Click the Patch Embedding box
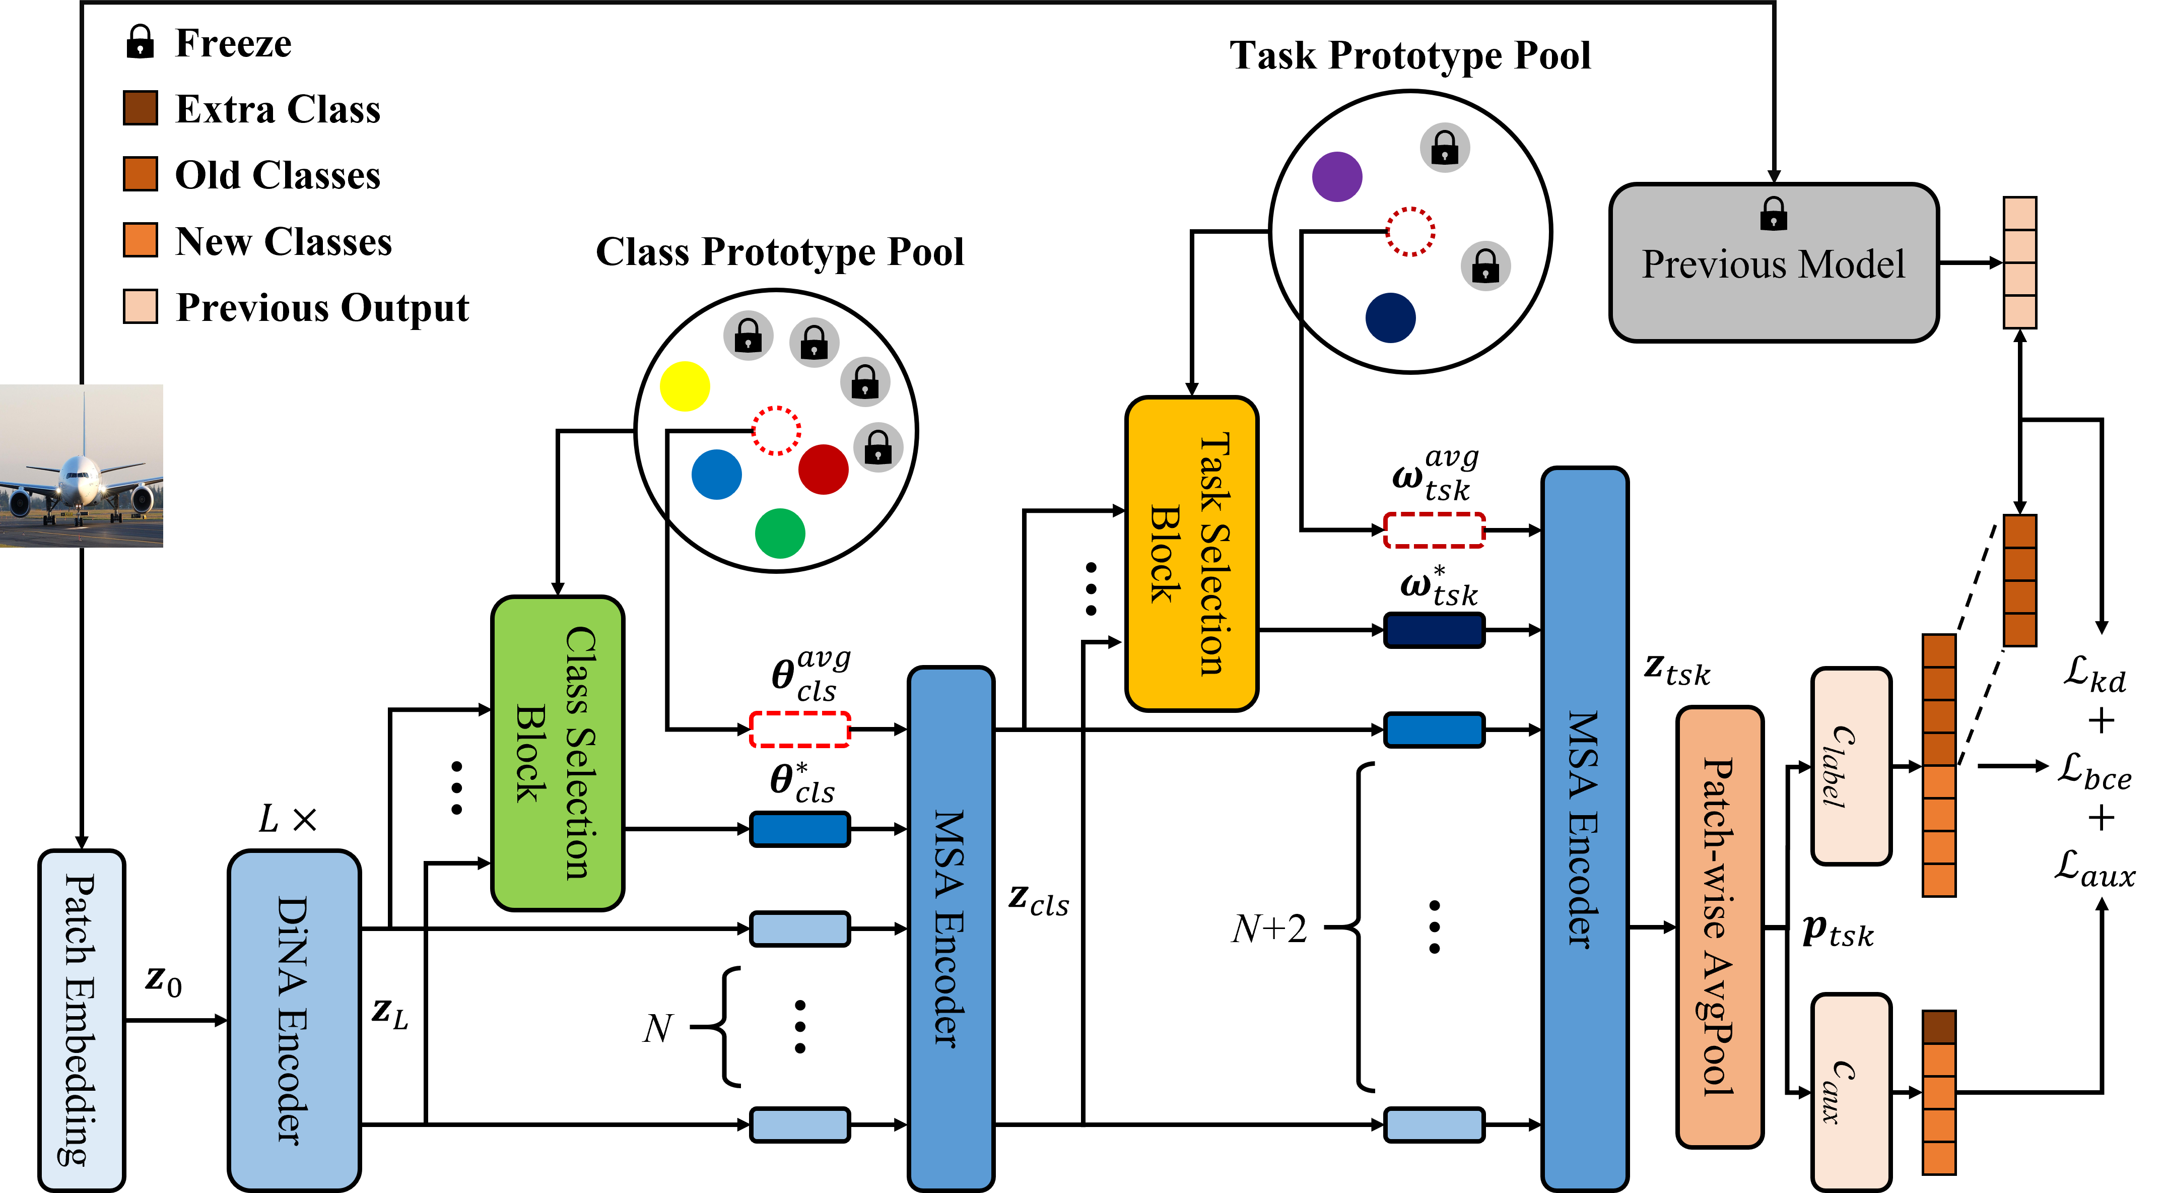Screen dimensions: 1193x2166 click(82, 1019)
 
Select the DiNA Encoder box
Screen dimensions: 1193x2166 click(294, 1019)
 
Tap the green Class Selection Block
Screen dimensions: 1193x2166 click(558, 753)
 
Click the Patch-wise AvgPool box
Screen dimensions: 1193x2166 click(1720, 926)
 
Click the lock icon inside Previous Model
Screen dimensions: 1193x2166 click(1773, 214)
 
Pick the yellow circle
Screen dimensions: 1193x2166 click(685, 387)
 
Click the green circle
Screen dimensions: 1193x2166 click(779, 533)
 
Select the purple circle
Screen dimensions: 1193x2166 click(1337, 176)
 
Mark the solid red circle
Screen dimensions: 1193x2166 click(823, 469)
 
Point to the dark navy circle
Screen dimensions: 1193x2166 click(1390, 318)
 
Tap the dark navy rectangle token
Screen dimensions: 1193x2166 click(1434, 630)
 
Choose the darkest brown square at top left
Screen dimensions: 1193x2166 click(141, 108)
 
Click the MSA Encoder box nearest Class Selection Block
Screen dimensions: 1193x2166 click(951, 927)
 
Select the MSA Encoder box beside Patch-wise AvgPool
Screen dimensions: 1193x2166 click(1584, 828)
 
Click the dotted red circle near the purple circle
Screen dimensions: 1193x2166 click(1410, 231)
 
